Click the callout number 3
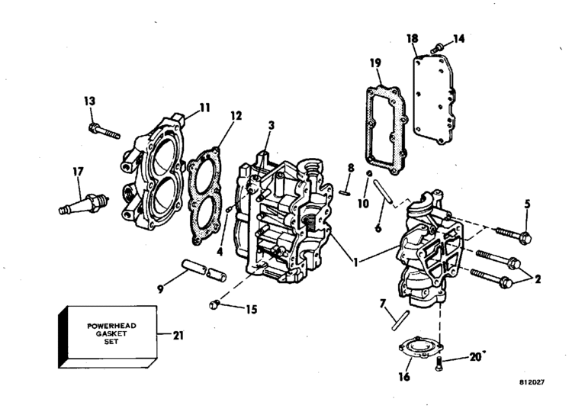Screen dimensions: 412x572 [272, 125]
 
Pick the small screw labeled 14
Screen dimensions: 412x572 [438, 49]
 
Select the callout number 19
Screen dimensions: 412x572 [376, 63]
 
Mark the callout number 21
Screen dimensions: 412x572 [178, 334]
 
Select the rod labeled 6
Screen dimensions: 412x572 [387, 191]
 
